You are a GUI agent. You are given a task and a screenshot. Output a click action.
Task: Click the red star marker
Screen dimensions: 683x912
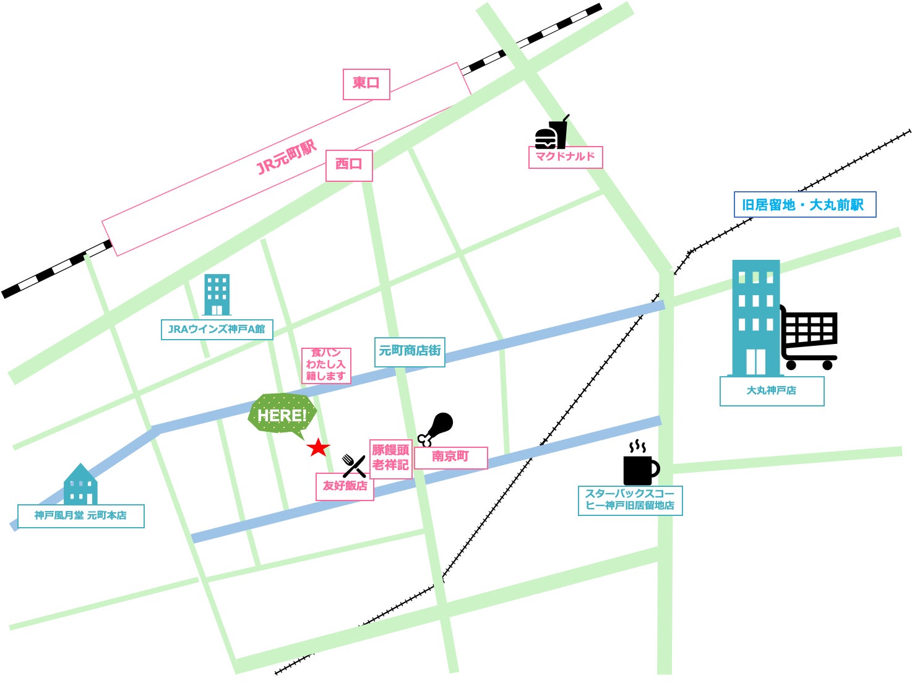[x=318, y=447]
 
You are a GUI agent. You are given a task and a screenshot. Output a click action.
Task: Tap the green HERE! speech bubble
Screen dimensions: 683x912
[x=282, y=415]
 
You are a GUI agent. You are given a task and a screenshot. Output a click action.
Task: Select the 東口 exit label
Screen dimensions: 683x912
[x=366, y=84]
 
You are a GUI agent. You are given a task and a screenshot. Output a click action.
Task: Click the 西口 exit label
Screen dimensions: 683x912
[x=349, y=165]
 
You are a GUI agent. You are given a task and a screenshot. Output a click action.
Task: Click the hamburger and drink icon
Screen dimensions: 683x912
[x=551, y=133]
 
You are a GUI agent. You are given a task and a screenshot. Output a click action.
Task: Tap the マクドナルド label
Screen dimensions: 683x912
[x=565, y=157]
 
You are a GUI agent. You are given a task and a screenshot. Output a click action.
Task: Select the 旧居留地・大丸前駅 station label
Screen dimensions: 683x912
[x=804, y=205]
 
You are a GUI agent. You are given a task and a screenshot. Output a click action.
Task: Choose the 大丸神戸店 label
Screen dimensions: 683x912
[x=772, y=391]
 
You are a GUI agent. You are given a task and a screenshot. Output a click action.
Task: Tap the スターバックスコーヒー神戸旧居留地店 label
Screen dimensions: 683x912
[x=630, y=500]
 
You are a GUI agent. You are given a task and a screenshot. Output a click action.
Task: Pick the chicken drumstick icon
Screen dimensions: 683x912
[x=436, y=428]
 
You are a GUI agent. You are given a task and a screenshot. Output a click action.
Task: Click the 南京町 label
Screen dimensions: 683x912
[x=450, y=457]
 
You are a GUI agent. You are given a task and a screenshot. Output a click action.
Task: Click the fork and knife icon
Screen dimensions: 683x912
[x=354, y=465]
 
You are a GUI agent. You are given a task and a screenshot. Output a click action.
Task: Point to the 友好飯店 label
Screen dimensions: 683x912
[x=345, y=486]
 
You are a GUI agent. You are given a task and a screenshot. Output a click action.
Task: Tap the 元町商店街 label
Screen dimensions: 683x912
[x=410, y=351]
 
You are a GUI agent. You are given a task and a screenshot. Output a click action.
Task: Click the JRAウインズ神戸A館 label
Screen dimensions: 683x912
[x=217, y=329]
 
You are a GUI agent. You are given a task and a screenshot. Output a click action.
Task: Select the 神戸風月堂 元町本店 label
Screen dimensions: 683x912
[x=80, y=516]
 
